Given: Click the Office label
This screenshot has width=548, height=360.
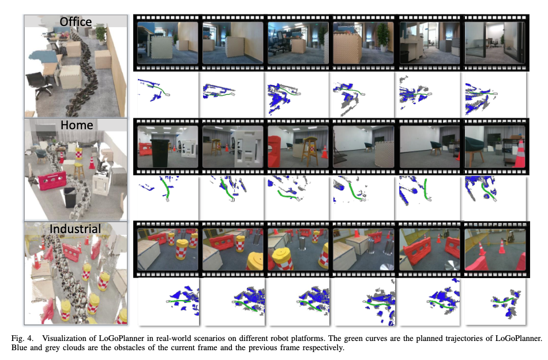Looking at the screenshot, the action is pyautogui.click(x=76, y=22).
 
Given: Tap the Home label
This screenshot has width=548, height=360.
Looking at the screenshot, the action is pyautogui.click(x=77, y=125).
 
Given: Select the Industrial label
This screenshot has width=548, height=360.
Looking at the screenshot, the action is pyautogui.click(x=75, y=229).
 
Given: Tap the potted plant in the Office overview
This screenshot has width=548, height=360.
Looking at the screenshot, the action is pyautogui.click(x=102, y=35).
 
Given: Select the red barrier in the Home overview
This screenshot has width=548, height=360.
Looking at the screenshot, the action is pyautogui.click(x=52, y=181).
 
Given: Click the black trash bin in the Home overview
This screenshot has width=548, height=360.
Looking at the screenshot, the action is pyautogui.click(x=70, y=197).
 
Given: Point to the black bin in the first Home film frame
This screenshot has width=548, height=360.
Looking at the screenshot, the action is pyautogui.click(x=160, y=153).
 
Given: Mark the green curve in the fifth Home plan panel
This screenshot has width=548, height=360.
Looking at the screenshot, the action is pyautogui.click(x=425, y=189).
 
